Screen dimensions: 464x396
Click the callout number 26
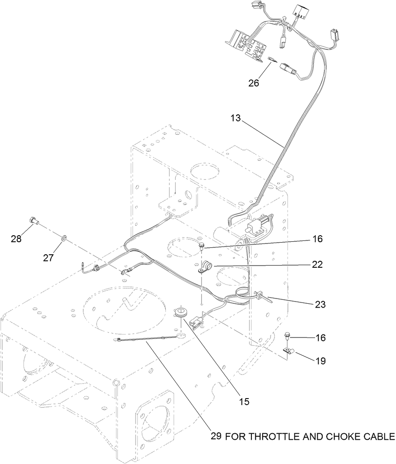click(253, 83)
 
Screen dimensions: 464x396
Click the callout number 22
click(317, 265)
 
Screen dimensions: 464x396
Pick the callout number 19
click(321, 360)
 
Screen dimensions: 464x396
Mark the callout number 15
click(244, 402)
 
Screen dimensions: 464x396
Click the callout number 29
click(216, 436)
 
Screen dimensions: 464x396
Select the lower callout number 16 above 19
click(321, 337)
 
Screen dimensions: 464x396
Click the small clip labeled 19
click(289, 350)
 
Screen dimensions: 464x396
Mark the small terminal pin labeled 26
click(271, 60)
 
